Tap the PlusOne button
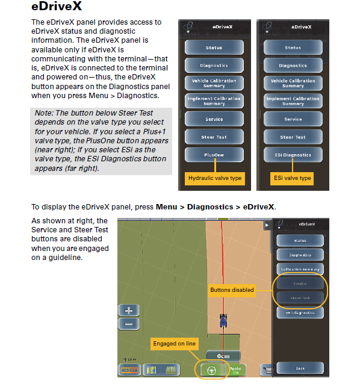214,155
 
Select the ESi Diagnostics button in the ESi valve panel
293,155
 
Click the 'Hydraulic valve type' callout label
215,178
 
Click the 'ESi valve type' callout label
293,178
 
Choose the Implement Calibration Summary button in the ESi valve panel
293,101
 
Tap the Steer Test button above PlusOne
214,137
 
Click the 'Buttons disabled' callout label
232,290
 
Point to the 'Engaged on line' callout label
175,344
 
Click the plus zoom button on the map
128,311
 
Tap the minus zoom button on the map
128,324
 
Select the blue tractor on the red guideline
223,321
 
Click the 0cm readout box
223,356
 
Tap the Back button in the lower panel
300,368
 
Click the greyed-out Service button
300,283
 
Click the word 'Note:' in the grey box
44,113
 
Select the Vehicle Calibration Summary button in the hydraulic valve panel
214,83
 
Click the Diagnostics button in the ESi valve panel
293,66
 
